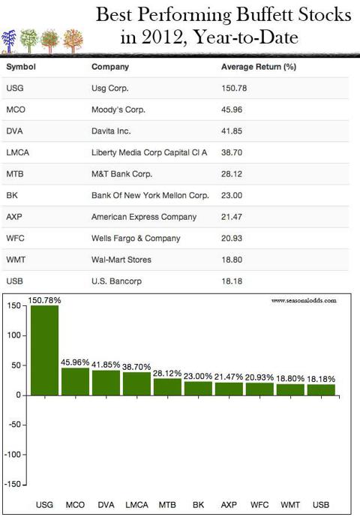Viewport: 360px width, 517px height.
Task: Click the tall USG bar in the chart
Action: click(44, 350)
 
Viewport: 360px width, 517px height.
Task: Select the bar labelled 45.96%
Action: click(75, 381)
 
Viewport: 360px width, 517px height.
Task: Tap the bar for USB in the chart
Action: click(321, 389)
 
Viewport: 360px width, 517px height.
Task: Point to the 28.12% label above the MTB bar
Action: click(167, 373)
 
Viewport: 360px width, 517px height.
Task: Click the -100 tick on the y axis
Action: click(13, 455)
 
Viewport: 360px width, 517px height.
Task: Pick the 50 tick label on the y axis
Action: click(16, 365)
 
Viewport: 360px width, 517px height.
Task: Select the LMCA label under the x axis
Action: click(136, 505)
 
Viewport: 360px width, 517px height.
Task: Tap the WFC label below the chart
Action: click(259, 505)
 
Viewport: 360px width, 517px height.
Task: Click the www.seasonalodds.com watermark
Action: click(304, 300)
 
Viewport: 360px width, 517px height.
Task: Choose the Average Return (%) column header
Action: click(259, 67)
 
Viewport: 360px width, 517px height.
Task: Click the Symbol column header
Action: click(21, 67)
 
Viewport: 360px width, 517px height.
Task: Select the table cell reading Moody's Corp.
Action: click(118, 110)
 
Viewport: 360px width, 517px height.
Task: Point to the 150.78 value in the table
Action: click(234, 89)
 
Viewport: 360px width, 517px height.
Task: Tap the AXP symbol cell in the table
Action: click(14, 217)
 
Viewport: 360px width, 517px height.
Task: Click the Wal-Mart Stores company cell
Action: click(121, 260)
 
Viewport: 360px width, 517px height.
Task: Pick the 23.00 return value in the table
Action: click(232, 196)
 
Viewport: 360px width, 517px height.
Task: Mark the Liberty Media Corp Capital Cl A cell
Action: click(149, 152)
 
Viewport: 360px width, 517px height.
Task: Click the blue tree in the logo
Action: click(8, 41)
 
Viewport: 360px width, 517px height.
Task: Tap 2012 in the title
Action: click(161, 37)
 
